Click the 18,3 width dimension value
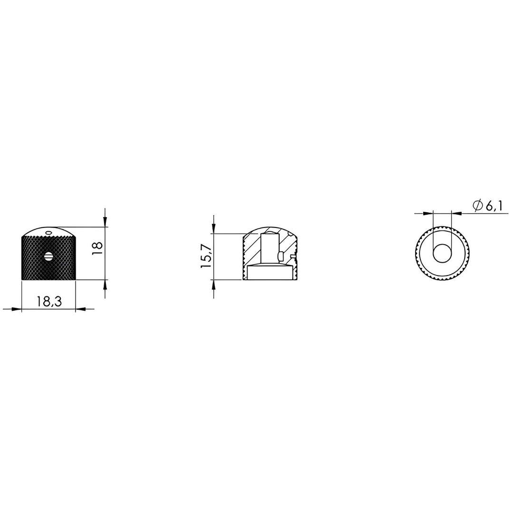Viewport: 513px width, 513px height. coord(49,302)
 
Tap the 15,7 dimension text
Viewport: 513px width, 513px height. coord(206,256)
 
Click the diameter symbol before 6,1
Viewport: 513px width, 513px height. coord(477,206)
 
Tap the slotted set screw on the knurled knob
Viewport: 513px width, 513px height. coord(48,256)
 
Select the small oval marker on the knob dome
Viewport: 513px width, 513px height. coord(47,232)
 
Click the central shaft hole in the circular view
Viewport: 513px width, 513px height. coord(442,253)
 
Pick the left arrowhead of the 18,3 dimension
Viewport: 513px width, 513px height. coord(16,309)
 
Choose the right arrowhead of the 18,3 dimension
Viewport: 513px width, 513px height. coord(81,309)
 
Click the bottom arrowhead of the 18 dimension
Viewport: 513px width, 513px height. coord(105,285)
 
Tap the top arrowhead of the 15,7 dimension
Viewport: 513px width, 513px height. coord(214,228)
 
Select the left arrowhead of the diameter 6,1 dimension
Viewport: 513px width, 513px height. coord(428,213)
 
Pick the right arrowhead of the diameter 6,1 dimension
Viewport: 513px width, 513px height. coord(456,213)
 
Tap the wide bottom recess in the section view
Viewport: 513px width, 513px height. coord(269,273)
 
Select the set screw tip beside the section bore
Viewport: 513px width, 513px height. coord(280,257)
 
